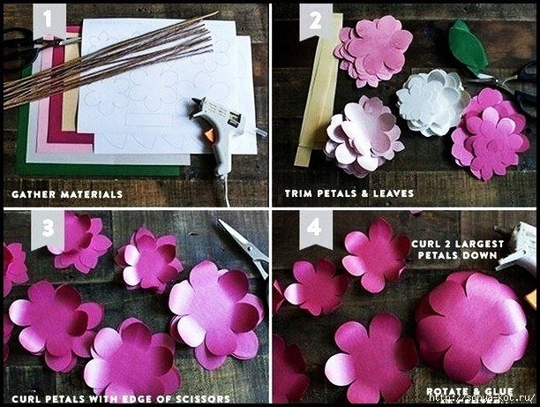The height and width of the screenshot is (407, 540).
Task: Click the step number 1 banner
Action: [49, 20]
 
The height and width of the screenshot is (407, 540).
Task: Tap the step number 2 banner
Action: [315, 21]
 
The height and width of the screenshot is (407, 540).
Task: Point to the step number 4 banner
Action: [316, 228]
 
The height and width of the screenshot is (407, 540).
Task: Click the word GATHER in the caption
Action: [34, 194]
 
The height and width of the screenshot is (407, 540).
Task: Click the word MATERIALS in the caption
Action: [92, 194]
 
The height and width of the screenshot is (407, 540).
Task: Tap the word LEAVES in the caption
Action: [394, 193]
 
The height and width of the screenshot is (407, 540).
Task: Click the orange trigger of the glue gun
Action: [209, 133]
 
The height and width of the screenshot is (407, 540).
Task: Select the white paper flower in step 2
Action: [432, 102]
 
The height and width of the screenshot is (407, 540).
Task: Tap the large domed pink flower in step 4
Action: [472, 327]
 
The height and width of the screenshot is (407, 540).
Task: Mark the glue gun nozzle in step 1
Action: [197, 102]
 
